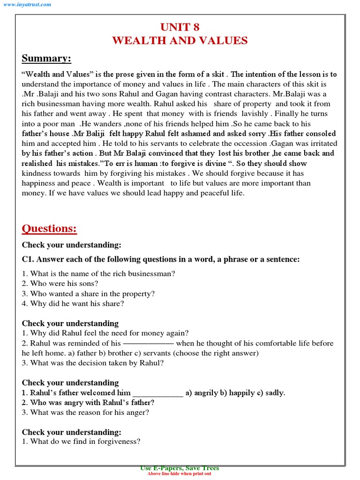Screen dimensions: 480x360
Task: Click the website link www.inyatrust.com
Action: click(28, 4)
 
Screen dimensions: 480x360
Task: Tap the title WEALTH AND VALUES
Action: click(180, 41)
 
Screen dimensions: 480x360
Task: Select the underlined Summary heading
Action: click(46, 59)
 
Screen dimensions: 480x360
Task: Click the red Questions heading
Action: click(49, 229)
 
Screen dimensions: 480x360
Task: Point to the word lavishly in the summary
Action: click(255, 114)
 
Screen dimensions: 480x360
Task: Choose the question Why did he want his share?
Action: click(73, 303)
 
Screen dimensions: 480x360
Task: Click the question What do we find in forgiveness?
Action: click(81, 442)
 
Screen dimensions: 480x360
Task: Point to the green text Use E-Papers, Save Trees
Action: click(180, 468)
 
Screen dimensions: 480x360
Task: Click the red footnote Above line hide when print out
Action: click(180, 474)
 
